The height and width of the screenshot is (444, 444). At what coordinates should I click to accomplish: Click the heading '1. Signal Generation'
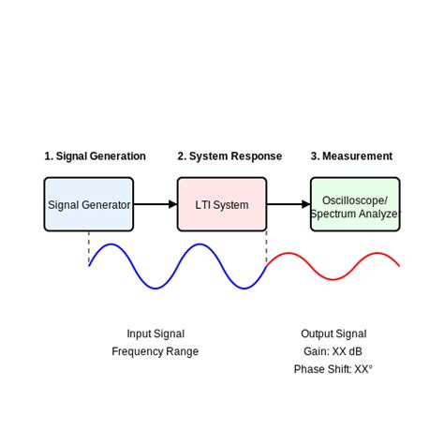95,156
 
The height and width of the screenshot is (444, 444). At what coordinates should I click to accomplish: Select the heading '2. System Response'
229,156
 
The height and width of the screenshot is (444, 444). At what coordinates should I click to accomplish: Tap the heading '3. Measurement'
351,156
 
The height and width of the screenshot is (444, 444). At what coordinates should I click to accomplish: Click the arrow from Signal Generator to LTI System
155,204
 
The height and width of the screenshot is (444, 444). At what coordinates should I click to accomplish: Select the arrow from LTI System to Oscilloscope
289,204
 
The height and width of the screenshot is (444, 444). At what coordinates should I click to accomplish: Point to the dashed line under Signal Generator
89,247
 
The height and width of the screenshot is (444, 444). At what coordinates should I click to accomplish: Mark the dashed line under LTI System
267,247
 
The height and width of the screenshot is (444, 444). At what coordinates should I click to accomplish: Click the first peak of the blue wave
111,244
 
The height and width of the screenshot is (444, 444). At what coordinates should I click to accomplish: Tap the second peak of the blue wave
200,244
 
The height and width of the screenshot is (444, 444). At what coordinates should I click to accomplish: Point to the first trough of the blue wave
155,288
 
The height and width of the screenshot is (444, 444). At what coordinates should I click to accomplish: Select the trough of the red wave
333,279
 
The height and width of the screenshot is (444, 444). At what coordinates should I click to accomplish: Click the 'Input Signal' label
155,333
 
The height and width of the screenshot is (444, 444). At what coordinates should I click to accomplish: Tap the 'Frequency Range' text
155,351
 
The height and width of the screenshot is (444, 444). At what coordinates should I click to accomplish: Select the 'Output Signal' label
333,333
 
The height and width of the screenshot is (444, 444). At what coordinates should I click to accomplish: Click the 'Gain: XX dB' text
333,351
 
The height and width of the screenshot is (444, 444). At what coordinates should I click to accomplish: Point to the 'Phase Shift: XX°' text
333,369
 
